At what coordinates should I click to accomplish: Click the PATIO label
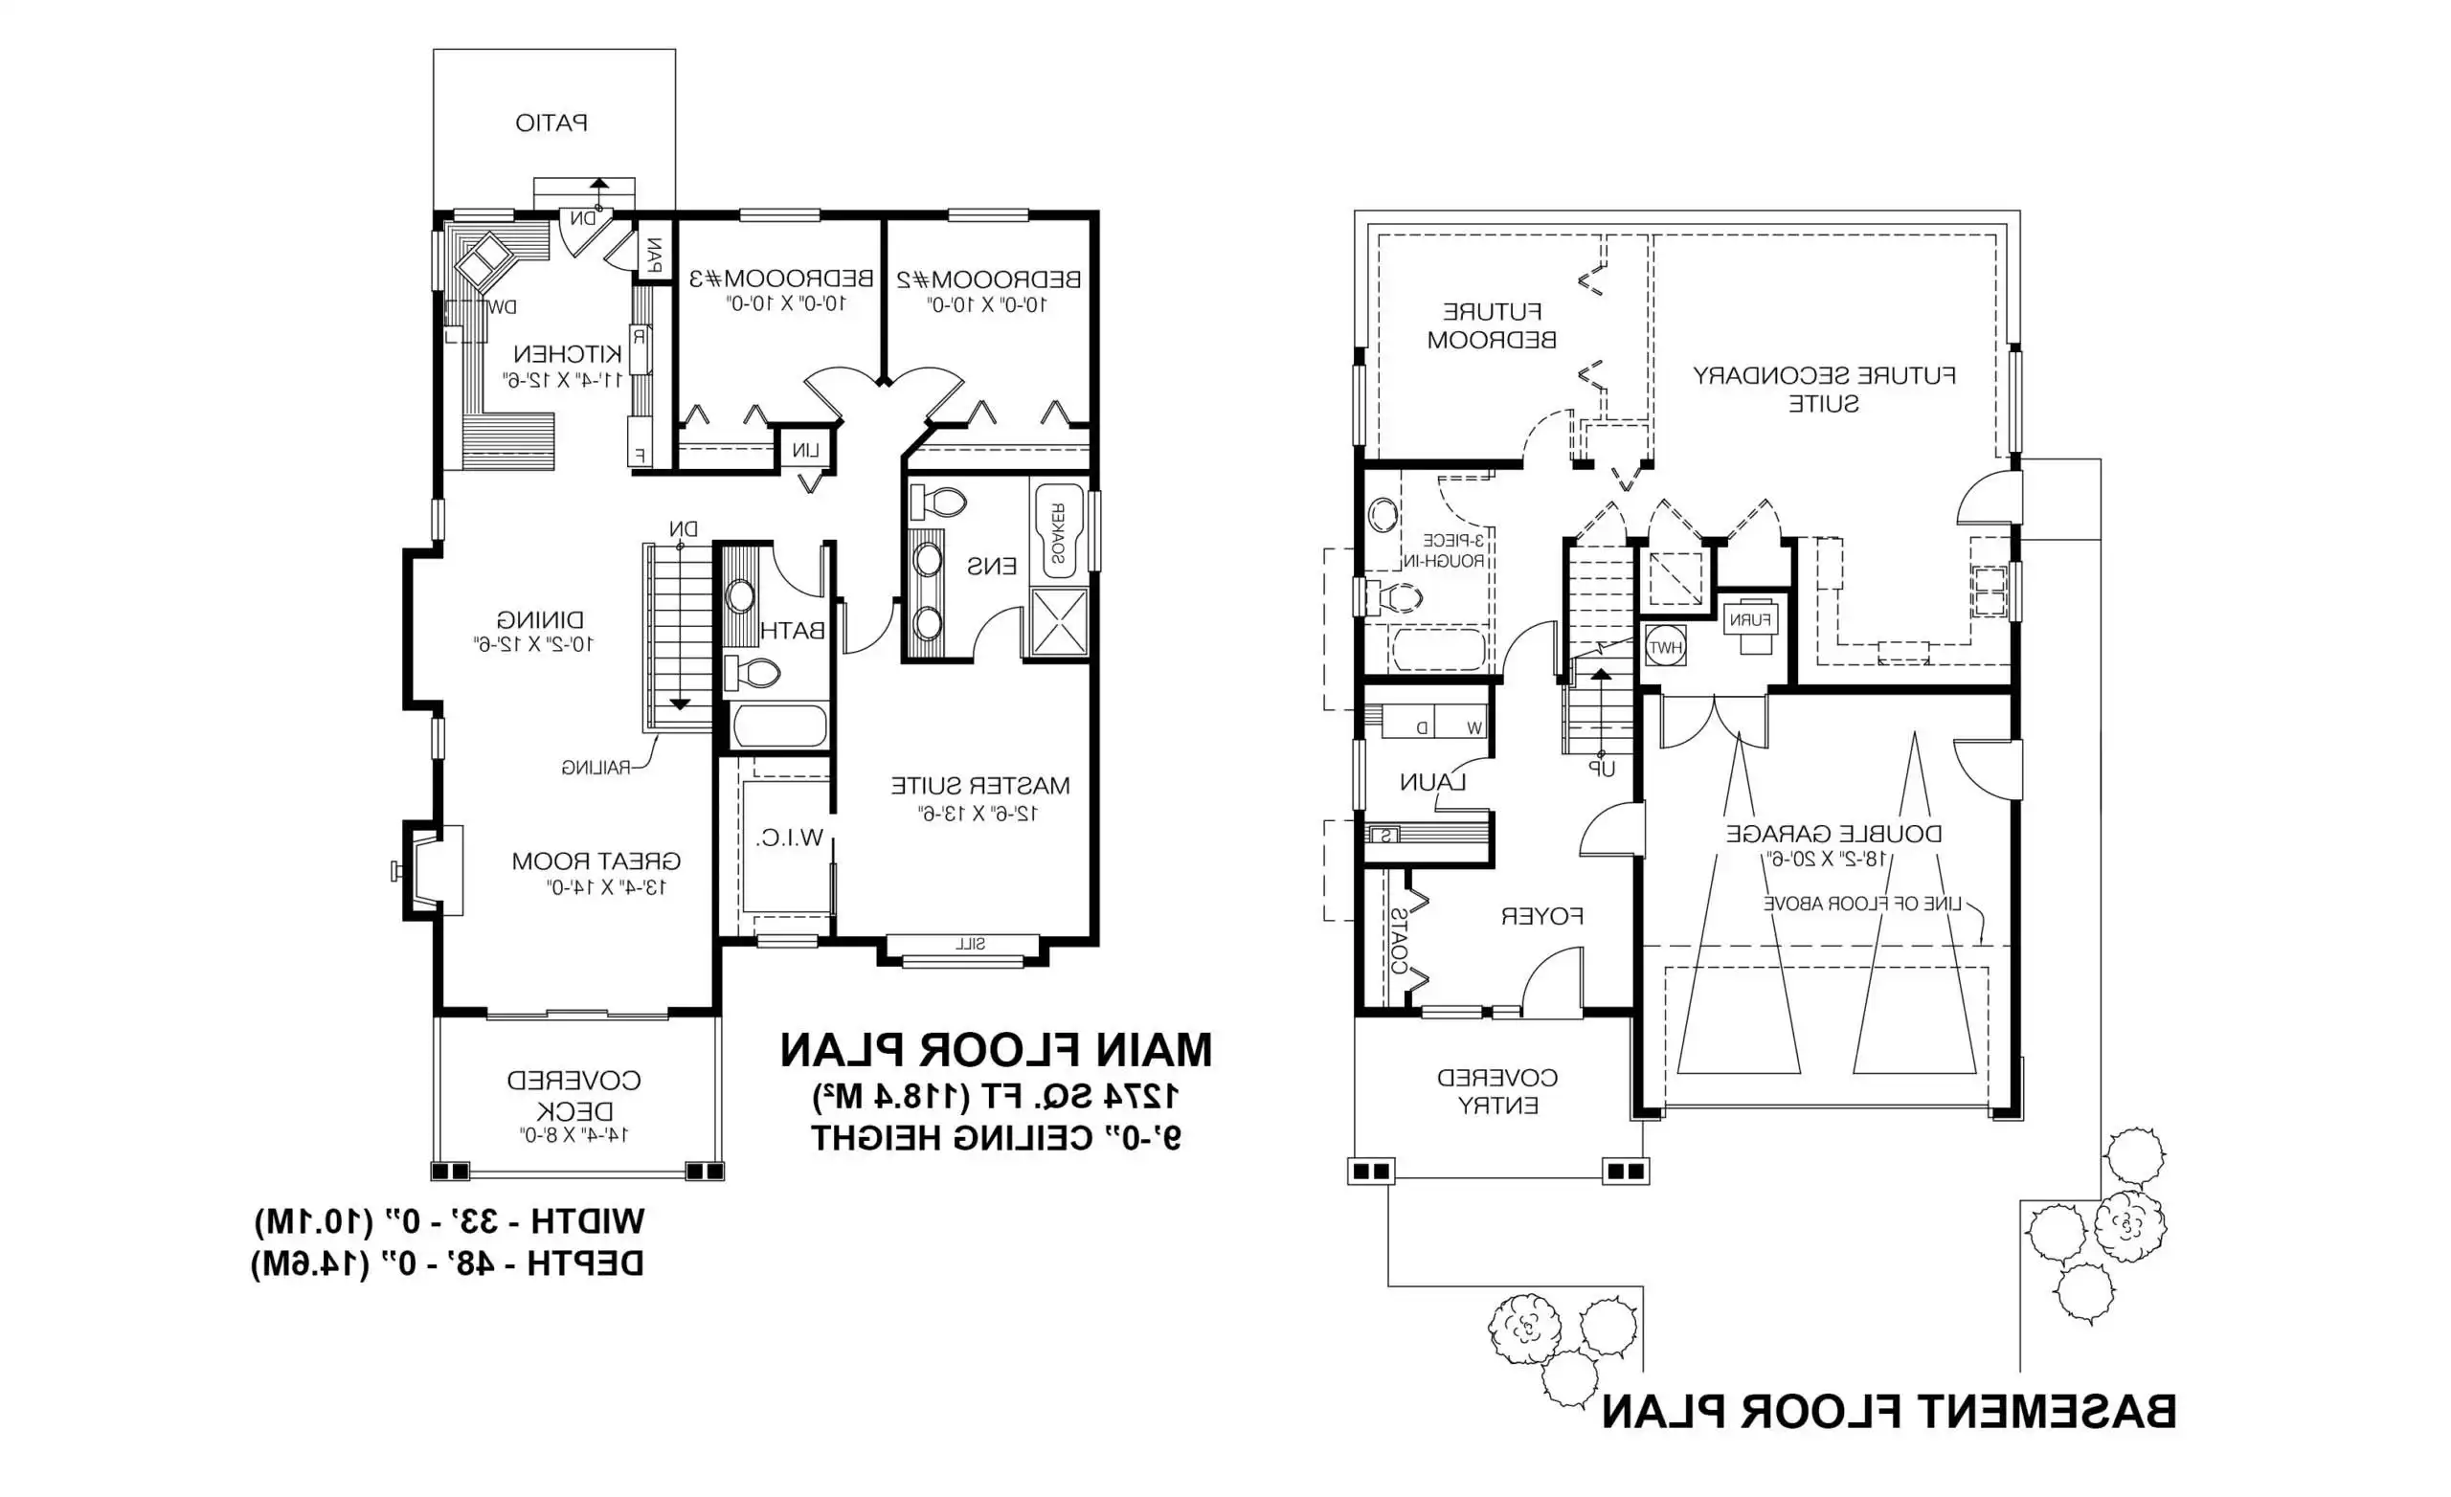click(x=551, y=123)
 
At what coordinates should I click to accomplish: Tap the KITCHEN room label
click(x=567, y=354)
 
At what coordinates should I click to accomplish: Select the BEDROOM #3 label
click(x=781, y=279)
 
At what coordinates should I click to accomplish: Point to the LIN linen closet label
click(x=806, y=452)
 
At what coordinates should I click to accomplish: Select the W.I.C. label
click(x=790, y=838)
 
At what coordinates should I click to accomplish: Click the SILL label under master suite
click(x=970, y=944)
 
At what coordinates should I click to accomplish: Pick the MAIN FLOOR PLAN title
click(x=995, y=1050)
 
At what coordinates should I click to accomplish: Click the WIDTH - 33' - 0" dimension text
click(x=450, y=1220)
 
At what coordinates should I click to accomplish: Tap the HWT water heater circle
click(x=1665, y=646)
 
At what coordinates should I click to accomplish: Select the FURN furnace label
click(x=1750, y=619)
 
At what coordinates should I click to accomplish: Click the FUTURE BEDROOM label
click(x=1491, y=326)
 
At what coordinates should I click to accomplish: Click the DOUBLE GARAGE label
click(x=1833, y=834)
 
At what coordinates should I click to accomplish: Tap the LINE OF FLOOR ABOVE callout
click(x=1862, y=905)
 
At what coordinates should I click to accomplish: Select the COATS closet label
click(x=1398, y=940)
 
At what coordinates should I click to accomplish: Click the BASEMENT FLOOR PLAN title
click(x=1888, y=1413)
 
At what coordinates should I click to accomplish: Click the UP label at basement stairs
click(x=1602, y=769)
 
